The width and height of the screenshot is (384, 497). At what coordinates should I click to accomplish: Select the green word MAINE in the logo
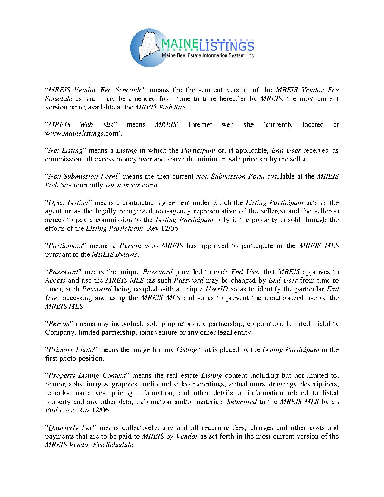(177, 45)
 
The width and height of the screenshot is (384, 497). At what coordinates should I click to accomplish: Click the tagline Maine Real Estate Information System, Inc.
(209, 56)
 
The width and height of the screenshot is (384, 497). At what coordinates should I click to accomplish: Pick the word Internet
(200, 125)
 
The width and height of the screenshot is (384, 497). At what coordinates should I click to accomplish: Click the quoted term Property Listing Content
(87, 376)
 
